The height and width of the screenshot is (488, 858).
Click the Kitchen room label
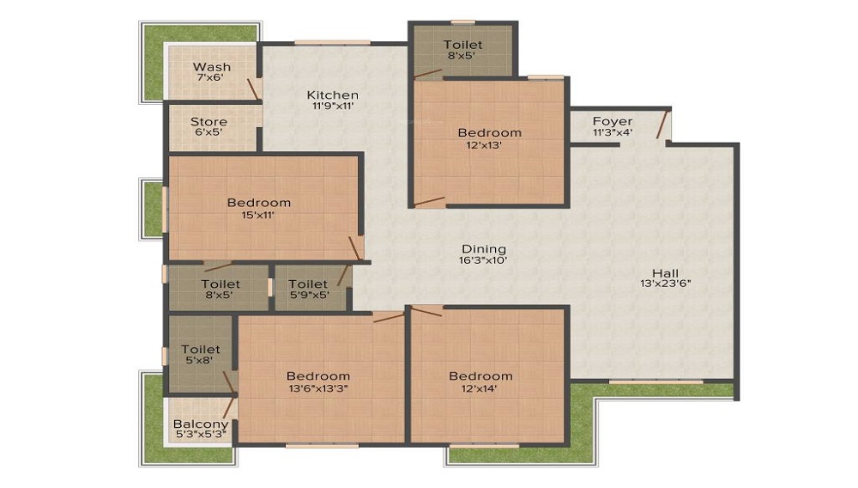pos(332,95)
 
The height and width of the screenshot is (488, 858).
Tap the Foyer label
pos(613,121)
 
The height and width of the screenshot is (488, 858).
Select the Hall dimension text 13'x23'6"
pos(666,284)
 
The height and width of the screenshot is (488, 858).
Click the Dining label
pos(484,249)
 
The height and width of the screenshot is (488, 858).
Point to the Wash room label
pos(212,67)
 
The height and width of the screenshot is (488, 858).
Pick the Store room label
pos(208,122)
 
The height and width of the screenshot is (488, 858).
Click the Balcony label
pos(201,424)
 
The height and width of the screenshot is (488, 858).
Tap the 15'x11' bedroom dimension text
pos(257,216)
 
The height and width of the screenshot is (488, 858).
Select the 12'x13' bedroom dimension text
pos(484,145)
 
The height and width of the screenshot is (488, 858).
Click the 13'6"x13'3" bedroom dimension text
pos(318,389)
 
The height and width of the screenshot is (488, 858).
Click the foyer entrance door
pos(662,125)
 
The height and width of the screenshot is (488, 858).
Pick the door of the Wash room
pos(253,89)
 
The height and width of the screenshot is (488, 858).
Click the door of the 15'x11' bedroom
pos(355,248)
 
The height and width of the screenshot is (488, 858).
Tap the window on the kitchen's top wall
pos(332,43)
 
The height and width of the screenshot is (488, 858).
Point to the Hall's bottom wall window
pos(656,381)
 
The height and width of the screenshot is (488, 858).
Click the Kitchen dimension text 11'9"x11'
pos(333,107)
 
